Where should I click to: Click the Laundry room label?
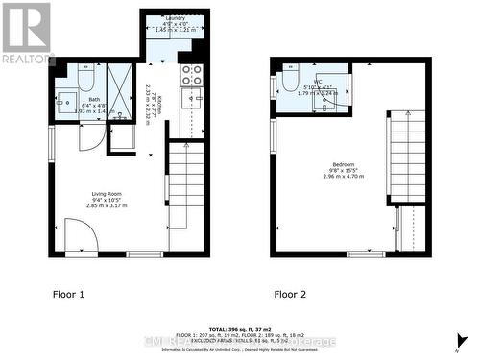coord(175,18)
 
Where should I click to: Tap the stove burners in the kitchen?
coord(191,75)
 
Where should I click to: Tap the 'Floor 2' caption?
coord(291,294)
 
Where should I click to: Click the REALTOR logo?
coord(26,32)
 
